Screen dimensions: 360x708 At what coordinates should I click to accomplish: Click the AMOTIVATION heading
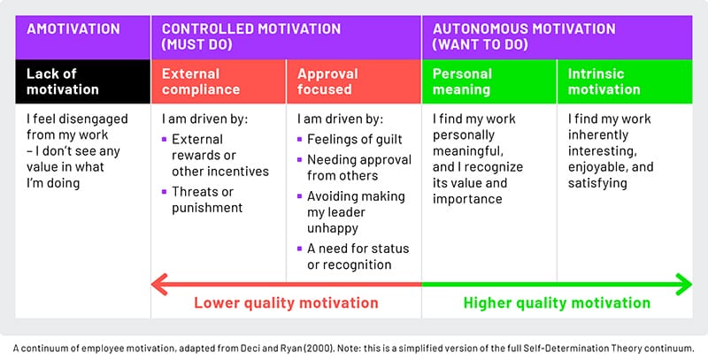(x=73, y=29)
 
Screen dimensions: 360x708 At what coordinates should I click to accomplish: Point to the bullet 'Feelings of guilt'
(x=354, y=139)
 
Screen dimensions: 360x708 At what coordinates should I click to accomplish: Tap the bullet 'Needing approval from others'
(x=358, y=167)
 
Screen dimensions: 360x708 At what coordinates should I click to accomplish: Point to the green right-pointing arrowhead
(x=684, y=284)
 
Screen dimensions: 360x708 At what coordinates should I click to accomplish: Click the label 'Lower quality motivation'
(x=287, y=303)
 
